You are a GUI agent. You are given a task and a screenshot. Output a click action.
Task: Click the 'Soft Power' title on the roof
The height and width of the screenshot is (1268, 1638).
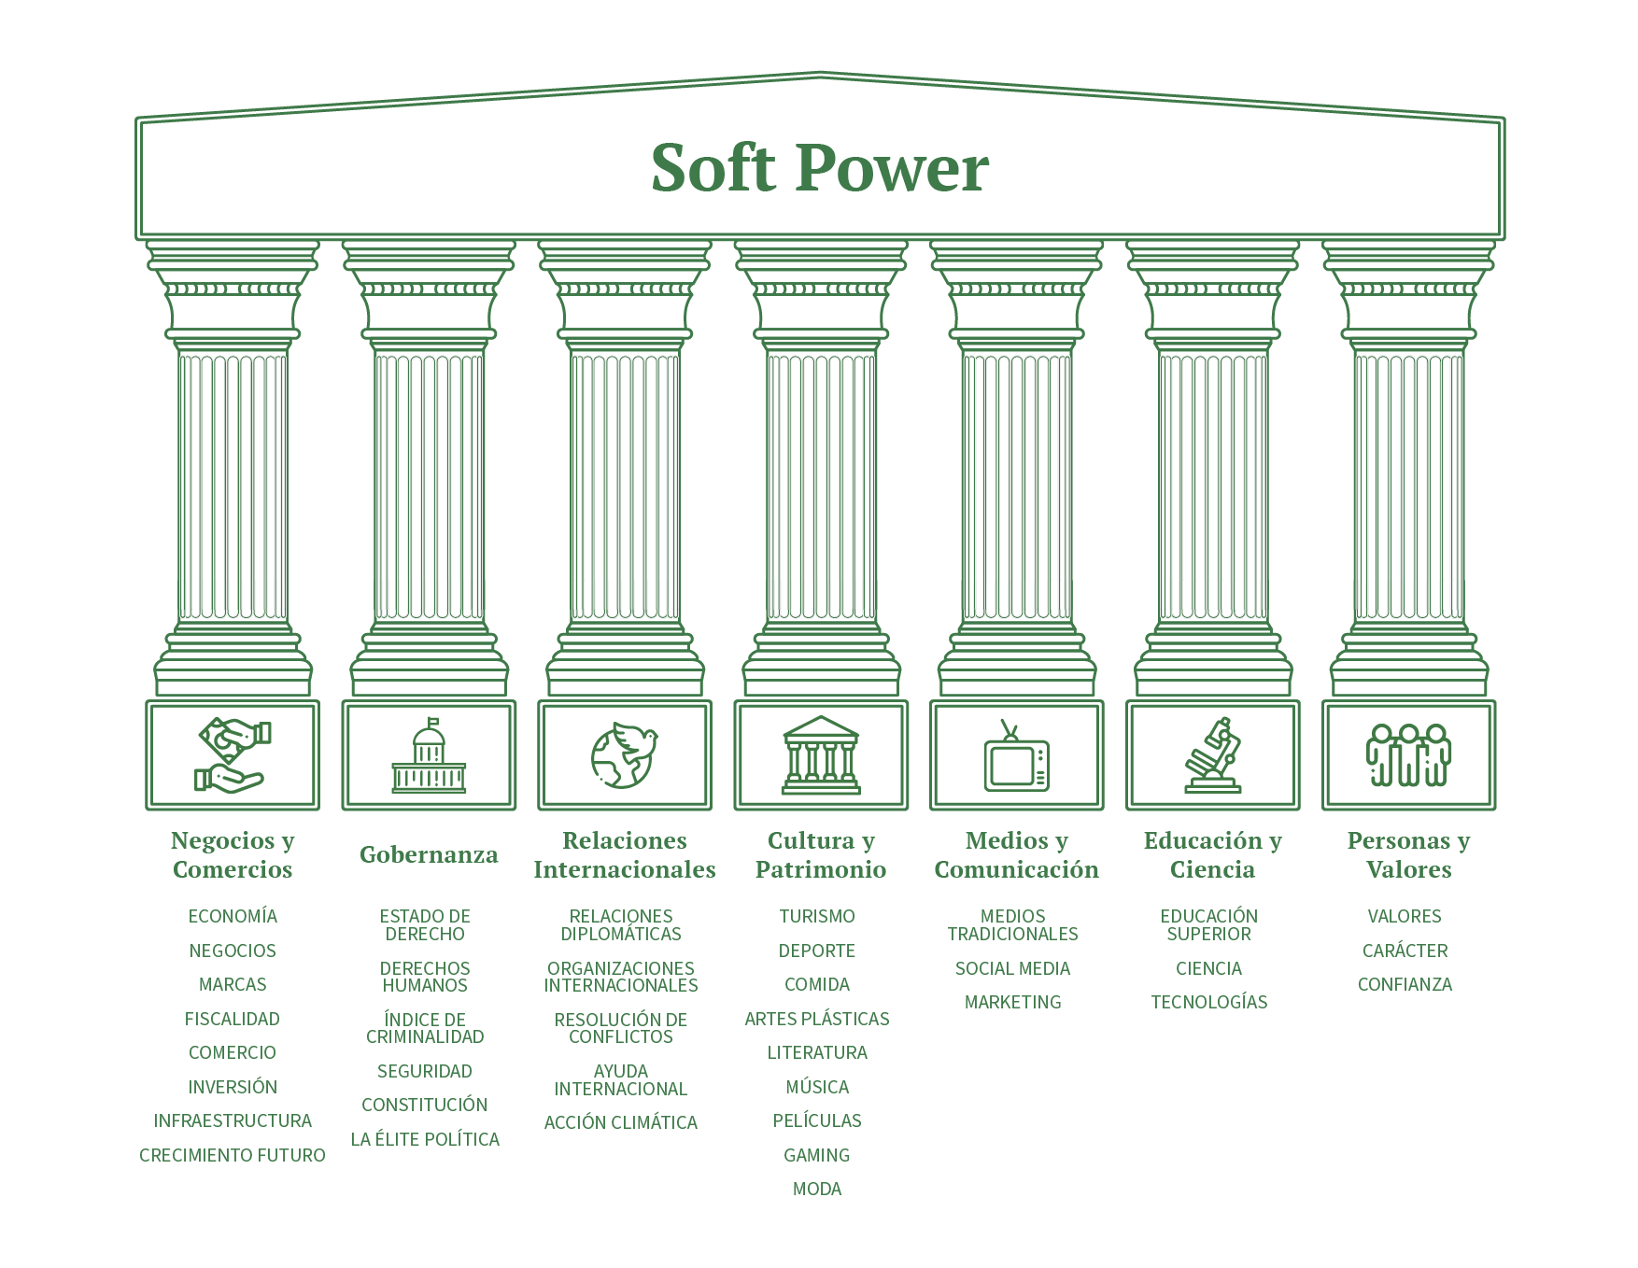pos(818,169)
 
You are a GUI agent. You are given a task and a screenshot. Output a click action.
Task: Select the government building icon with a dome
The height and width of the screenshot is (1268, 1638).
pos(430,756)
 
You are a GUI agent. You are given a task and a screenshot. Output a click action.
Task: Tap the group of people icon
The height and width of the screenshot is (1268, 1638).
pos(1408,756)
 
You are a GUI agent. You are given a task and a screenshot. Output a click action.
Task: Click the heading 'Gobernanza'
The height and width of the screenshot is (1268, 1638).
pos(429,855)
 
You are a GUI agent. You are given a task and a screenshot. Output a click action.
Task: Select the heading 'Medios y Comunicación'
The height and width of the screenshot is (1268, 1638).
pos(1016,855)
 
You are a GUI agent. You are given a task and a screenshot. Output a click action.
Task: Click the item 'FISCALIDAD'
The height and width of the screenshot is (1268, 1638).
pos(233,1019)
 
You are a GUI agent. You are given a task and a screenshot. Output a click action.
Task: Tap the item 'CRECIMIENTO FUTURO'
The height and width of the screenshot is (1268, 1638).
pos(233,1155)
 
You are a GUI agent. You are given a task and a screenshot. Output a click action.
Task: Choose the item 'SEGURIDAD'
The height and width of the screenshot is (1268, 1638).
pos(425,1071)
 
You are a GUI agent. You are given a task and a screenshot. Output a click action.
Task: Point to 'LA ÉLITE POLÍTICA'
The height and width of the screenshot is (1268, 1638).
pos(425,1140)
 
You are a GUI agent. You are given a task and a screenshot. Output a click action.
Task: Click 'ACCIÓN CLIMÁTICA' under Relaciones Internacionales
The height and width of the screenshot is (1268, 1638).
pos(621,1122)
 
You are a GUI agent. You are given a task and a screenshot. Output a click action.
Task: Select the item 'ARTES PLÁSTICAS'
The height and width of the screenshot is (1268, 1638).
pos(817,1019)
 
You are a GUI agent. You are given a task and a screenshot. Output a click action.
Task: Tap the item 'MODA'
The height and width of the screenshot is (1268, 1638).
pos(817,1190)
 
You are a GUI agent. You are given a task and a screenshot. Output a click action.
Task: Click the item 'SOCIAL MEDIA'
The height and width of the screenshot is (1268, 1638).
pos(1012,968)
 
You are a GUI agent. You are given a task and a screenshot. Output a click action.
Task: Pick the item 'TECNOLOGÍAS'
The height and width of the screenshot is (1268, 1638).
pos(1209,1002)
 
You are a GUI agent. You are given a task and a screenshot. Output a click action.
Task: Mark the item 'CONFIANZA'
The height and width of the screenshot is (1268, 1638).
pos(1405,984)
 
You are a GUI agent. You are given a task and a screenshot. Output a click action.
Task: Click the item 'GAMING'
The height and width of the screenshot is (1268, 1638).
pos(817,1155)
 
